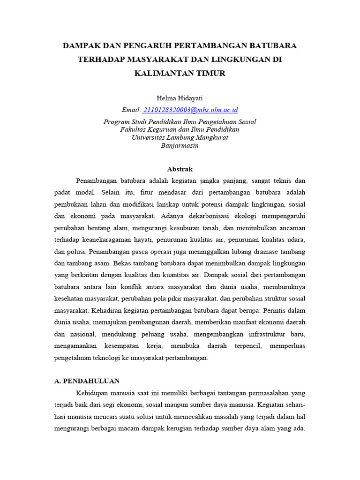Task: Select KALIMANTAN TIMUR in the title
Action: [x=180, y=73]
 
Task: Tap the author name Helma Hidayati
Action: [x=180, y=97]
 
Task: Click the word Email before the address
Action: [x=131, y=110]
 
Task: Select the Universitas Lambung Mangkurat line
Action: [x=180, y=138]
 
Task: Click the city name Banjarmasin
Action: [x=180, y=146]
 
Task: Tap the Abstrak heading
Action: [x=180, y=169]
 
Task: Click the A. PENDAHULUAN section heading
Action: [x=87, y=381]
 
